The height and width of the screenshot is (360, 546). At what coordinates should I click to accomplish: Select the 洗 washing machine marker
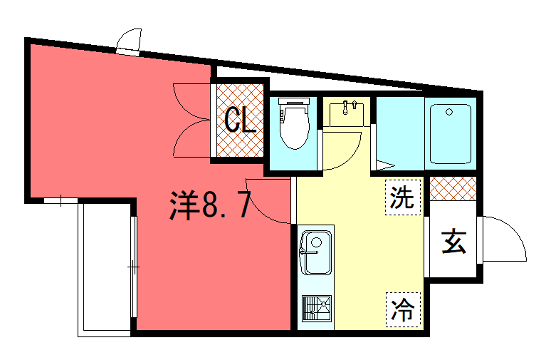(401, 197)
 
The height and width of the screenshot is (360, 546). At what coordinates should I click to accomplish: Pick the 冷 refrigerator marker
(401, 307)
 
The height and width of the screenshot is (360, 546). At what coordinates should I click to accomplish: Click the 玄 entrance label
(455, 241)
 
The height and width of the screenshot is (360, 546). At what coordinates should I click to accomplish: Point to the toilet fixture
(294, 126)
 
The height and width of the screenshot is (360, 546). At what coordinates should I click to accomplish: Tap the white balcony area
(105, 262)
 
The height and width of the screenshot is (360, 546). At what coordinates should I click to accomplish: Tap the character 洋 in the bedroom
(181, 207)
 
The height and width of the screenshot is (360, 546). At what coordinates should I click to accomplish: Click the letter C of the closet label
(232, 121)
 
